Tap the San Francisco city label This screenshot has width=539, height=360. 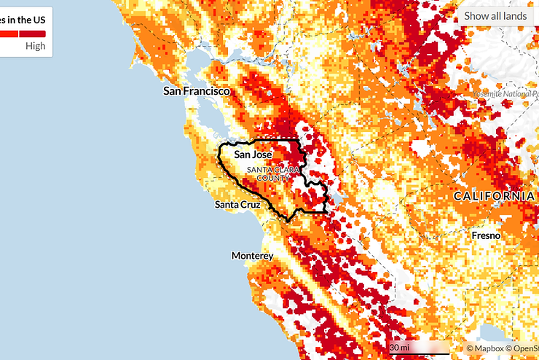tap(196, 92)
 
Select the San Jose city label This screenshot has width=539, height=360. tap(253, 155)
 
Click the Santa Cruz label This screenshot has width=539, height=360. tap(237, 205)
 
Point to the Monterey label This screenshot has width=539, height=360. tap(252, 256)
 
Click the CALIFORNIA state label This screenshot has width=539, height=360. tap(494, 197)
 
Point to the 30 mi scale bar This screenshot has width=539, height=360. tap(418, 348)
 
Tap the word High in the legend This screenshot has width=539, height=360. tap(35, 46)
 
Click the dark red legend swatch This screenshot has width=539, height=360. tap(32, 34)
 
